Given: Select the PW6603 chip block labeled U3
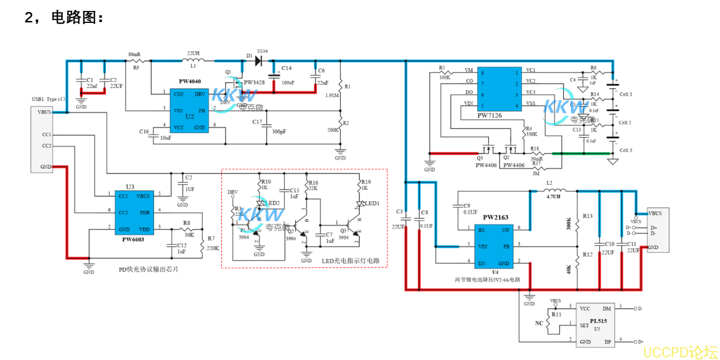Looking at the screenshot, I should click(135, 212).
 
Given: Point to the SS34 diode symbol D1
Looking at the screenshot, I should click(259, 60).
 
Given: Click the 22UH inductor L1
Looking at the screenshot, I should click(193, 60).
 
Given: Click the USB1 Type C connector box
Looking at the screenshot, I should click(42, 139).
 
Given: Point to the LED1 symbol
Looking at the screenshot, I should click(359, 205).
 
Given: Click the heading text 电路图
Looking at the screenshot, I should click(77, 18).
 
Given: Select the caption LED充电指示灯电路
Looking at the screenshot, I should click(350, 261).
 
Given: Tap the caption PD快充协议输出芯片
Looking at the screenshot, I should click(149, 269).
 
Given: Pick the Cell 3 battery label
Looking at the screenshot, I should click(625, 150).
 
